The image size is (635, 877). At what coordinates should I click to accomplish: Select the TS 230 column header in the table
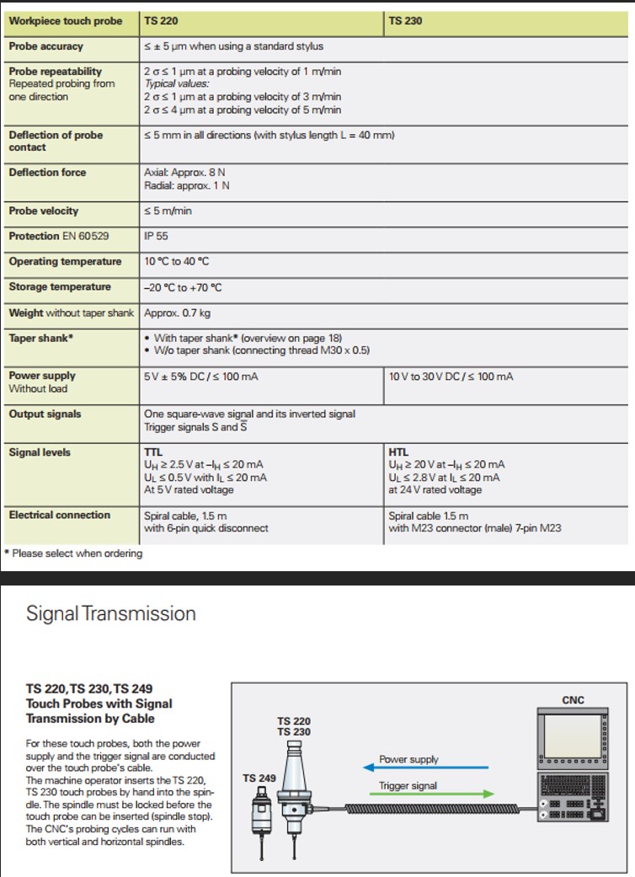point(406,21)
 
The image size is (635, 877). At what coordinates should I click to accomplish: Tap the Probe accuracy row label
point(45,46)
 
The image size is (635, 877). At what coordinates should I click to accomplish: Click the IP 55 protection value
point(157,236)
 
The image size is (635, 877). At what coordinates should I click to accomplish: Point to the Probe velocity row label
point(44,211)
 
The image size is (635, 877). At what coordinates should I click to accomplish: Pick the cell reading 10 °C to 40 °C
point(183,261)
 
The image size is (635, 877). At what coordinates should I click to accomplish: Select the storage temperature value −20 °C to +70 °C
point(183,287)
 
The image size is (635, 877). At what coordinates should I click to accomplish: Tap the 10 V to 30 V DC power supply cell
point(451,376)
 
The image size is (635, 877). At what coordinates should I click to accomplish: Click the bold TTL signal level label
point(153,452)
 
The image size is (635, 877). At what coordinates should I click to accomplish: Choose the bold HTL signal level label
point(398,452)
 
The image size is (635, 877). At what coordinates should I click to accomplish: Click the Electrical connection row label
point(59,515)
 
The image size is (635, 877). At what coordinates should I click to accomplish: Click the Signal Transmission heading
point(111,613)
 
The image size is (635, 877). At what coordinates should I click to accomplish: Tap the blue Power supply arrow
point(424,767)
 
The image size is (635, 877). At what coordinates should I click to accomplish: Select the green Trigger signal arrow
point(424,794)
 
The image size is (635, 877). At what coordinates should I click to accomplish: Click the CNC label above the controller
point(573,700)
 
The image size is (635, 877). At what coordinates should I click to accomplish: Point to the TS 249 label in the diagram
point(259,778)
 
